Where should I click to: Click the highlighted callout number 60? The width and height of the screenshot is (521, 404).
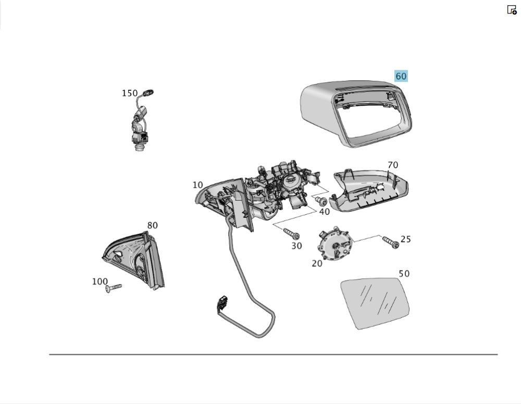[401, 76]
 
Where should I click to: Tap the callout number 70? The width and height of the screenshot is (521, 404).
[392, 165]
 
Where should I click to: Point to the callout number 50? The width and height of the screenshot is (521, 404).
[404, 274]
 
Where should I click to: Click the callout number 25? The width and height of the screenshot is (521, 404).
[406, 239]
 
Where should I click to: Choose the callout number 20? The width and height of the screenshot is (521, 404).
[317, 263]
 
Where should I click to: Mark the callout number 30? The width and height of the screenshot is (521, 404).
[296, 246]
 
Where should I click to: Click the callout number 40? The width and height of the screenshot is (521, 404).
[324, 212]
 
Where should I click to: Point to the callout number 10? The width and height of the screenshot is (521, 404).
[197, 185]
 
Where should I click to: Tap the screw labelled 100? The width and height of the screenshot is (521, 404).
[114, 287]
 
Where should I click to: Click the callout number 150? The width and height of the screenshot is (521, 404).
[130, 93]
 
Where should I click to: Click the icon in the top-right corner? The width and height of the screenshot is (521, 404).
[512, 10]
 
